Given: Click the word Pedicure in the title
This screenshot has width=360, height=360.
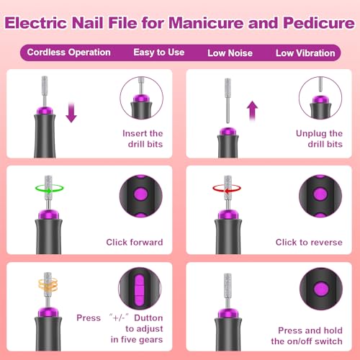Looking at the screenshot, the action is click(x=319, y=23).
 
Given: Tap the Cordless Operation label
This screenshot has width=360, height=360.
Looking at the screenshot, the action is click(x=69, y=53).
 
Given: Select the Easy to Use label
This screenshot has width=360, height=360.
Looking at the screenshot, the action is click(x=159, y=53).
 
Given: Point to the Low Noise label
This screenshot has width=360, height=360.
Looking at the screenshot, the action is click(x=230, y=53).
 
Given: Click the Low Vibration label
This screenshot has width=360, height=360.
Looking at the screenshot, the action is click(x=305, y=53).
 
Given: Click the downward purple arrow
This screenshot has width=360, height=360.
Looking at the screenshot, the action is click(x=71, y=112).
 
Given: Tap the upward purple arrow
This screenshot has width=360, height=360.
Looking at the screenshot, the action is click(x=252, y=110).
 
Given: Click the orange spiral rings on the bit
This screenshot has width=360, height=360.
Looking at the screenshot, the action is click(x=48, y=284).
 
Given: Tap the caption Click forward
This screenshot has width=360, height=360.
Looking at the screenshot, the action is click(x=135, y=242).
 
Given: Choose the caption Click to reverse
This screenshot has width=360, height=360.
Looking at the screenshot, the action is click(x=309, y=242).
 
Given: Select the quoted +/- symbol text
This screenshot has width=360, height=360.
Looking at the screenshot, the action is click(x=119, y=318).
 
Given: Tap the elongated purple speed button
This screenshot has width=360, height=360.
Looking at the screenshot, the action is click(x=140, y=288).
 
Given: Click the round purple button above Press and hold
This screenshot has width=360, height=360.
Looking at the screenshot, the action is click(x=321, y=288).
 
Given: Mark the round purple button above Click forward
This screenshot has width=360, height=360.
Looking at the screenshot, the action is click(x=140, y=194).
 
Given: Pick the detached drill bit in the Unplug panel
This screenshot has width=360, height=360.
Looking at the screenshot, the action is click(x=228, y=101).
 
